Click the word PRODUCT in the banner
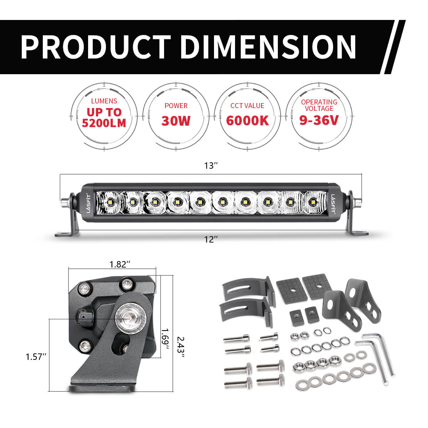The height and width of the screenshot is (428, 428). click(x=96, y=47)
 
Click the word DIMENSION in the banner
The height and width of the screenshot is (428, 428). click(x=268, y=47)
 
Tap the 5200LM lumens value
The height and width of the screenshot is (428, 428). click(x=104, y=123)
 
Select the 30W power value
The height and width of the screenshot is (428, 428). click(x=176, y=121)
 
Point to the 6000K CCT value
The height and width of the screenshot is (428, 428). click(x=248, y=121)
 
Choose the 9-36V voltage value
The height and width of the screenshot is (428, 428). click(x=319, y=120)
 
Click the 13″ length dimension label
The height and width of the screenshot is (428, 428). click(x=211, y=165)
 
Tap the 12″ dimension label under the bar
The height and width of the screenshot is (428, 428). click(x=211, y=239)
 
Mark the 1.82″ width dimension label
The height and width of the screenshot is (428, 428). click(x=120, y=264)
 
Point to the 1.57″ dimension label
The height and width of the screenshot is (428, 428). click(x=36, y=357)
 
